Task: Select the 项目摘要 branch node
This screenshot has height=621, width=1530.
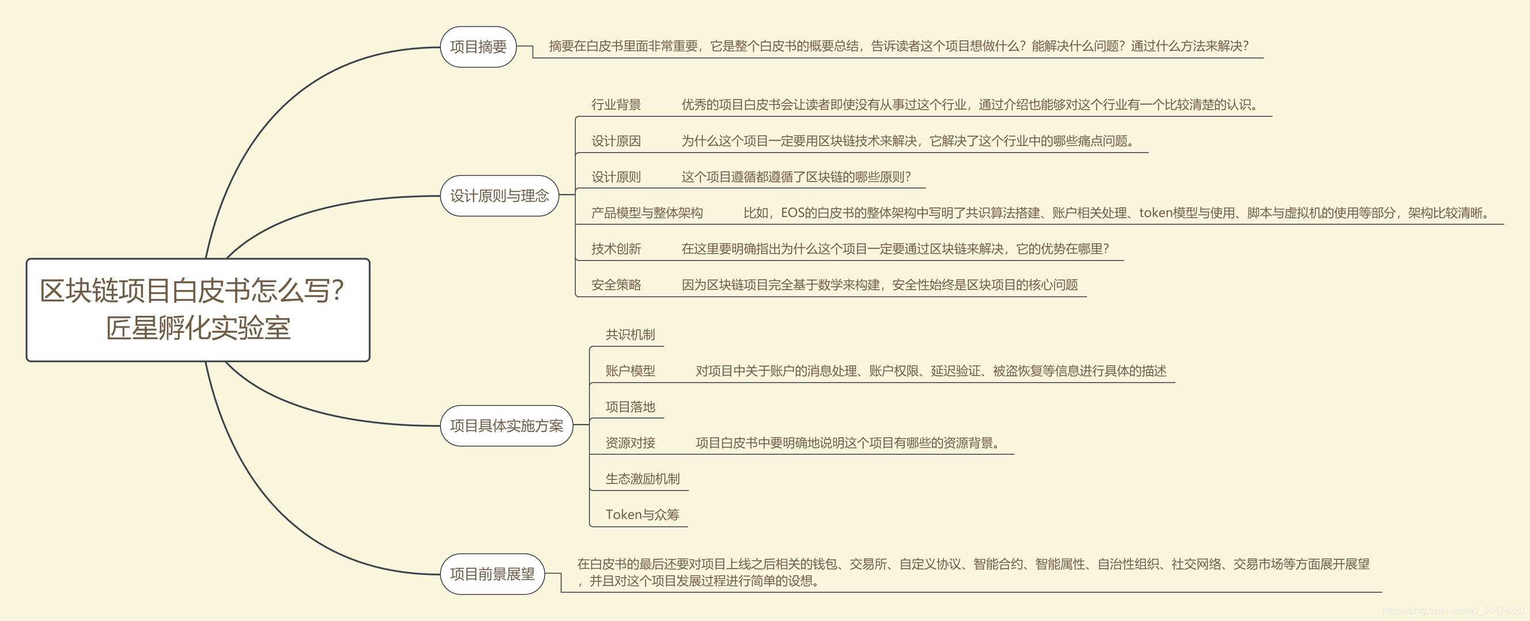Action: (x=478, y=47)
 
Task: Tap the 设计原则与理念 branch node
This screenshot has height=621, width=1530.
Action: (x=500, y=196)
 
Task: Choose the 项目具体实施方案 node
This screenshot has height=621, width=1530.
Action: (x=507, y=425)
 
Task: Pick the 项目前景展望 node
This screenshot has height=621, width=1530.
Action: (x=492, y=574)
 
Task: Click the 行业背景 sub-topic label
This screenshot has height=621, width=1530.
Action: (x=616, y=105)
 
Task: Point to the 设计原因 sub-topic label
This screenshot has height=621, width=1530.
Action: (x=616, y=141)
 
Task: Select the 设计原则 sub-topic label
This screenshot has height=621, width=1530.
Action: (x=616, y=177)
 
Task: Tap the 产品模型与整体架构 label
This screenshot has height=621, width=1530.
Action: (x=647, y=213)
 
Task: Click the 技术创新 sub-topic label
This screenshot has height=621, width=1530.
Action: (x=616, y=249)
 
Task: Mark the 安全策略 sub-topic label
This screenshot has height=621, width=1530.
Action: (x=616, y=285)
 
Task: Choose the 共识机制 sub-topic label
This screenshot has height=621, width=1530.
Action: (x=630, y=335)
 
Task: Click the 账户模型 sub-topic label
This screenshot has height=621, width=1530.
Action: (x=630, y=371)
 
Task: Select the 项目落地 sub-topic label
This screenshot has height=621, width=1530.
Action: (x=630, y=407)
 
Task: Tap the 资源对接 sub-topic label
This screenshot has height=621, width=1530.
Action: (x=630, y=443)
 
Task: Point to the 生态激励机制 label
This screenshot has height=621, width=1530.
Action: (x=643, y=479)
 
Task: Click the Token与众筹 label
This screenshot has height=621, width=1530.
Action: (x=642, y=515)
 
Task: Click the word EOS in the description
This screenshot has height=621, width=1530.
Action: (x=792, y=213)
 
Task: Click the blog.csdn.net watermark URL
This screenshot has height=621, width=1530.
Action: (x=1452, y=610)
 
